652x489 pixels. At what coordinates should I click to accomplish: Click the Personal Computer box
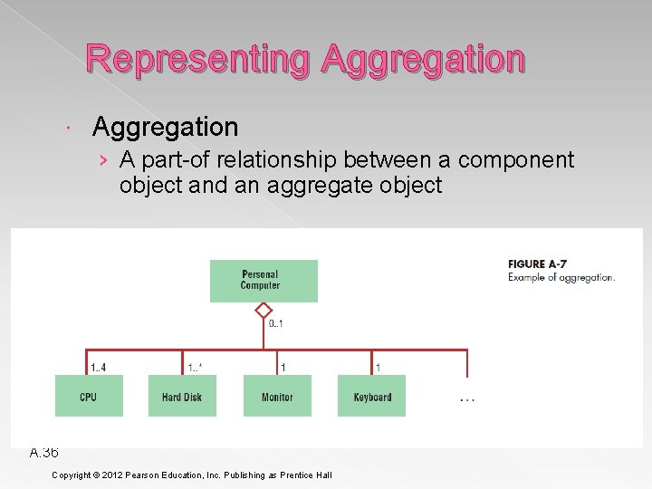point(264,281)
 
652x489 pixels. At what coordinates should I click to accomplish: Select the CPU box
point(89,397)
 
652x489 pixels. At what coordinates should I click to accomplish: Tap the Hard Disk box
point(182,397)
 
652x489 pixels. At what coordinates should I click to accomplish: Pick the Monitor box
point(277,397)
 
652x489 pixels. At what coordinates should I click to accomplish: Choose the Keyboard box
point(371,397)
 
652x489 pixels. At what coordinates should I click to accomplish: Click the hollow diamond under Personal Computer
point(264,310)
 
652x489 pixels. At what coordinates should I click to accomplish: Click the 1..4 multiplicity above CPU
point(98,368)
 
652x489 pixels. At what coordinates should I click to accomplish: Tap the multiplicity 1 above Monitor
point(283,368)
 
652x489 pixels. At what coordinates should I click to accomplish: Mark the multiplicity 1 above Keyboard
point(378,368)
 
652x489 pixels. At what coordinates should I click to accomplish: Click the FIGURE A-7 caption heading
point(538,264)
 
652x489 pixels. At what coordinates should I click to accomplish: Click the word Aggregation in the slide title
point(422,60)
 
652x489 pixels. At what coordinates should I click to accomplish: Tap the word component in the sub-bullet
point(516,160)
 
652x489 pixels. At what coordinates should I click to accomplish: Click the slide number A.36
point(43,452)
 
